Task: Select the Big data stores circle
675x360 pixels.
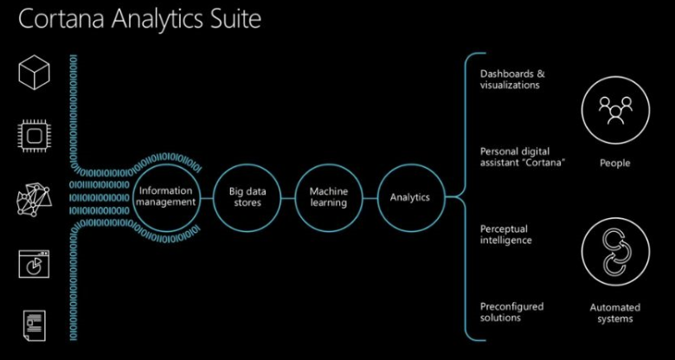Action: click(x=245, y=197)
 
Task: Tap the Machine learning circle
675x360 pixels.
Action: click(x=327, y=197)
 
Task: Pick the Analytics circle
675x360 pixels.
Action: click(x=410, y=197)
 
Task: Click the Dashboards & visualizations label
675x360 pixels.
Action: click(x=511, y=79)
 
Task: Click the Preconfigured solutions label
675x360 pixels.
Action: click(x=511, y=312)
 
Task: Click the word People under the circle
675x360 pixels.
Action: click(x=614, y=163)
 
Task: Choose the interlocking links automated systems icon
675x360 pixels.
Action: click(x=614, y=254)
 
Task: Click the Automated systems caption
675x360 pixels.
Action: click(x=614, y=312)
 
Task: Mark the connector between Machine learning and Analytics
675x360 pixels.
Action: click(x=369, y=197)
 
